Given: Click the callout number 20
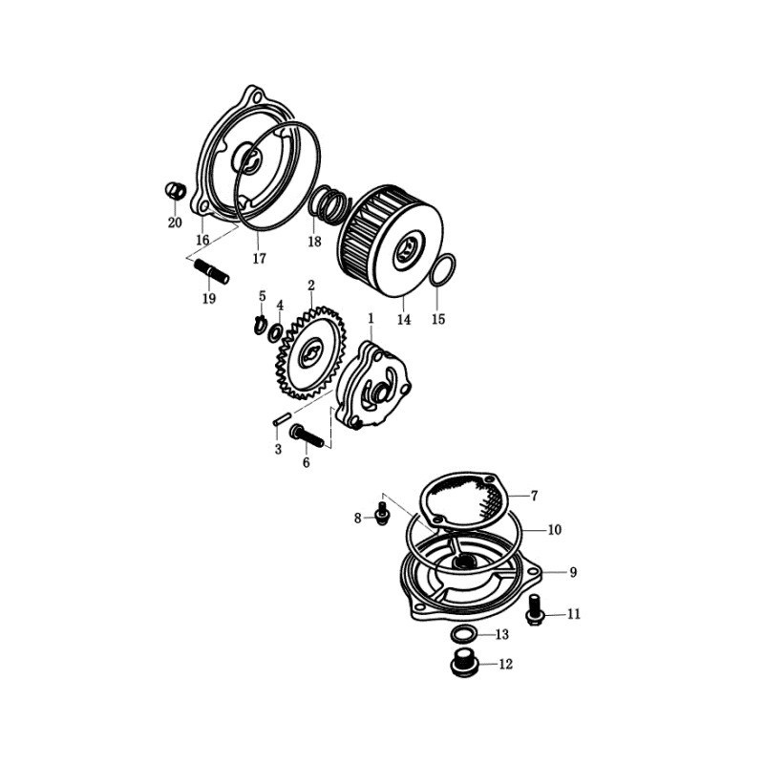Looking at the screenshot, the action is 175,223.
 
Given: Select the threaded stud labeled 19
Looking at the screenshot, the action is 212,271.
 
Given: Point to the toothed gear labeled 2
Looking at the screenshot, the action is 310,351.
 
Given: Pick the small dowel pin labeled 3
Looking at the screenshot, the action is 282,418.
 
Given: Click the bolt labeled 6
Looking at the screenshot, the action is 307,436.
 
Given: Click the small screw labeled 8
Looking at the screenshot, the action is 383,515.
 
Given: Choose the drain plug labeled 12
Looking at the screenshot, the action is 464,663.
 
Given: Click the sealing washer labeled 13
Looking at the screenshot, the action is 463,635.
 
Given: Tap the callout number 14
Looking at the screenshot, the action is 404,320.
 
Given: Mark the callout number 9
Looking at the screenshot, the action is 574,571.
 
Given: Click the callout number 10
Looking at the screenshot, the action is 555,529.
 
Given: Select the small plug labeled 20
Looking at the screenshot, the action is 176,190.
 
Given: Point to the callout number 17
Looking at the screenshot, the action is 260,258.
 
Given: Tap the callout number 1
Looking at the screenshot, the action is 371,318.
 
